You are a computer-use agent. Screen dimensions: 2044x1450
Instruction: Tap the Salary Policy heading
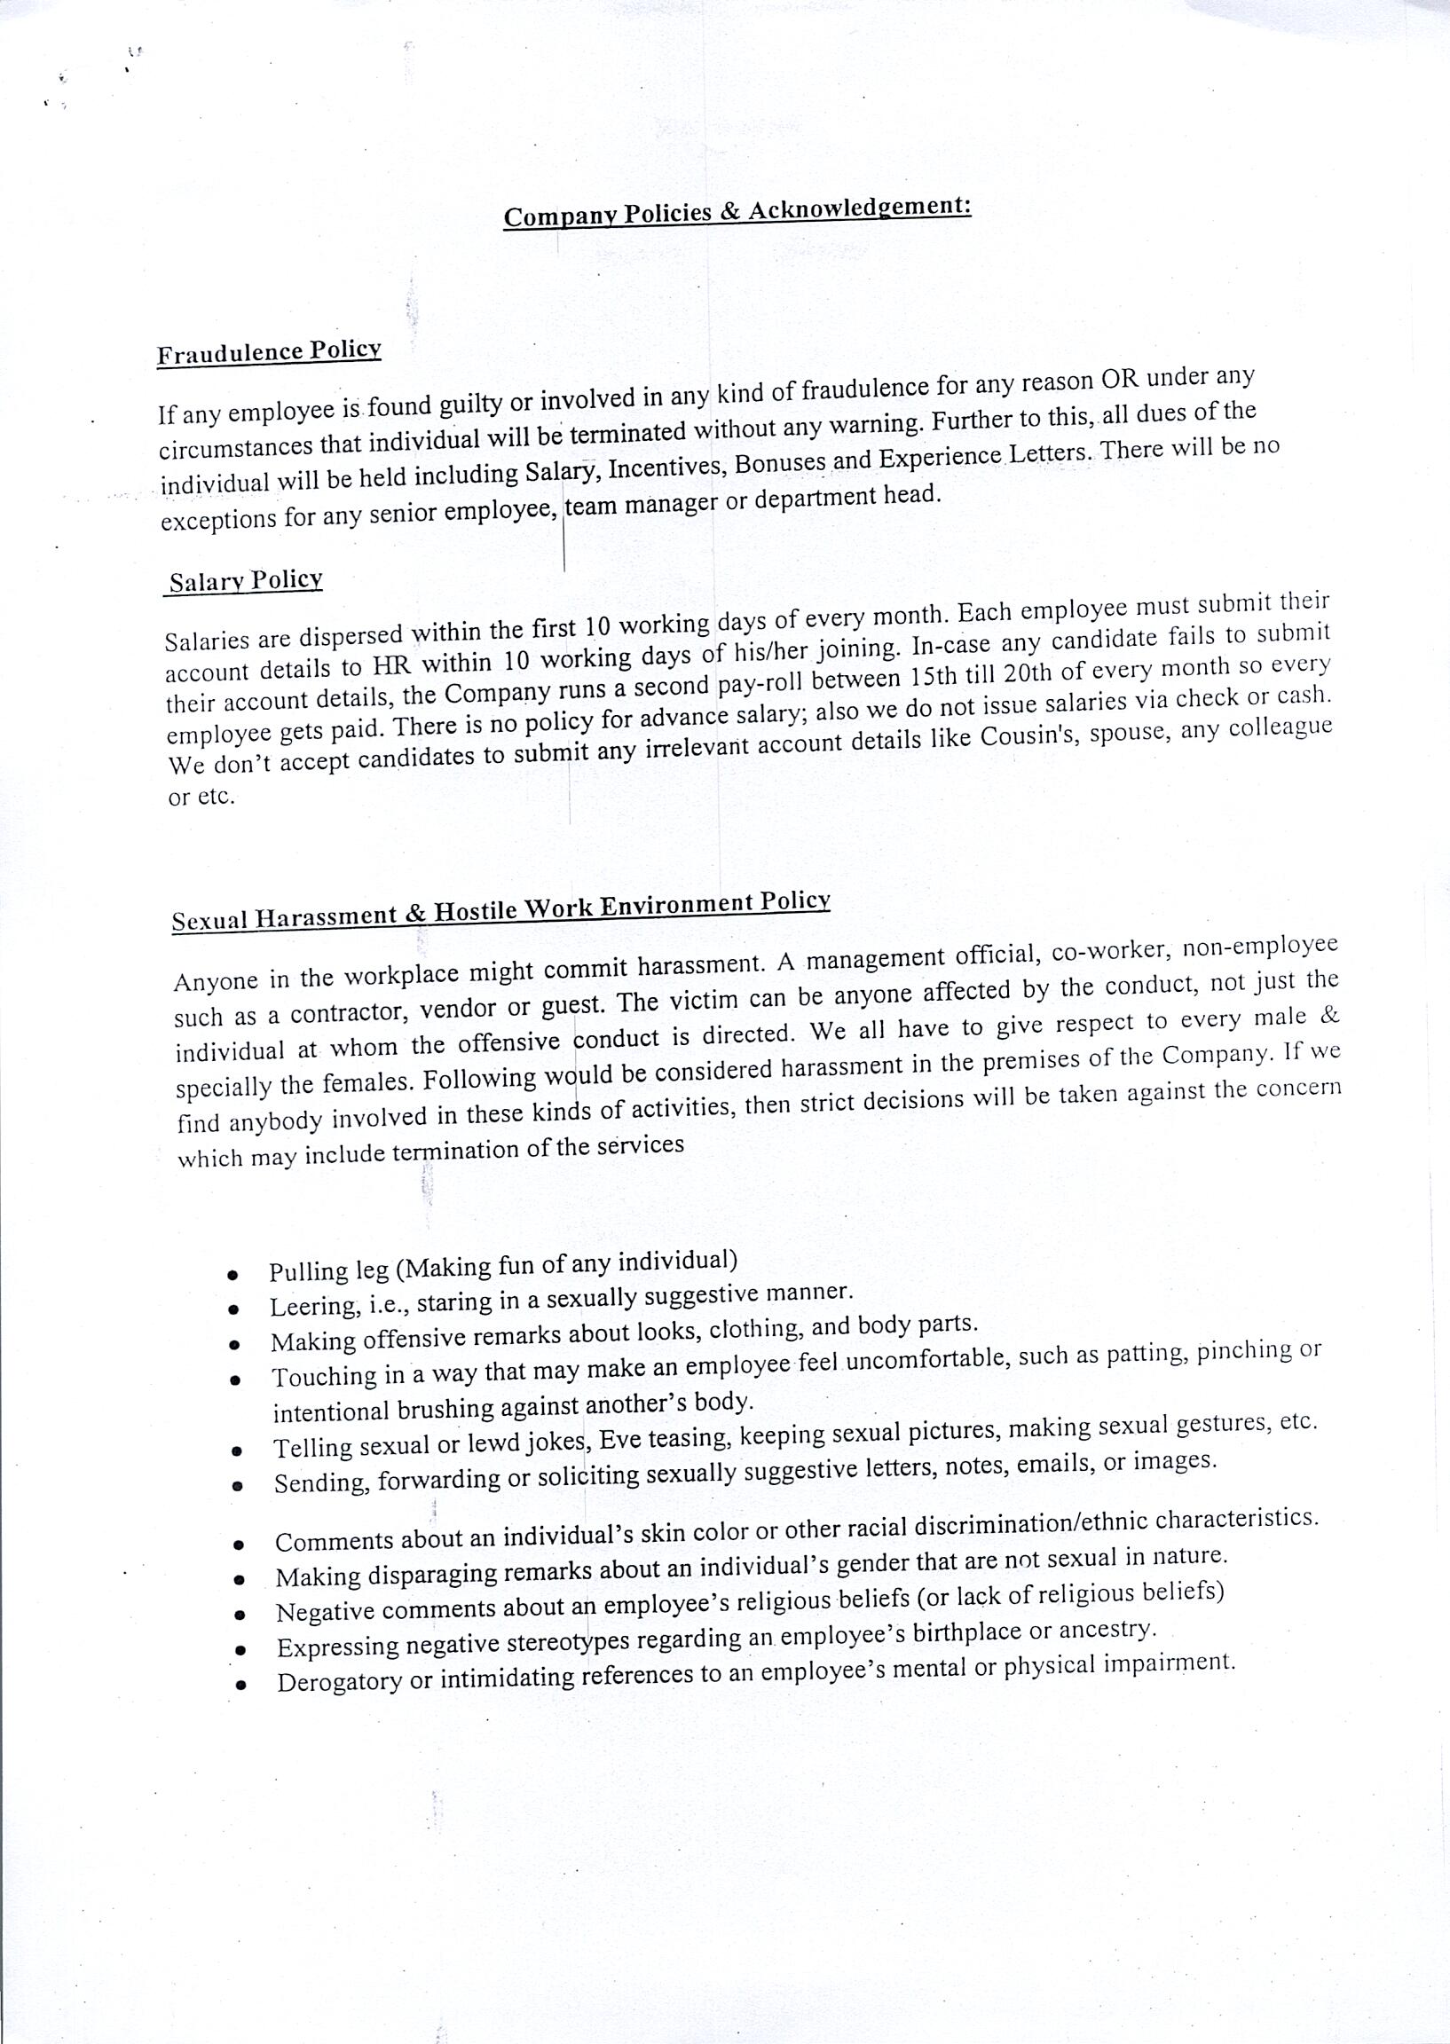click(x=246, y=582)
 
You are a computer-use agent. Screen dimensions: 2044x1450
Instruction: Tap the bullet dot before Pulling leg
click(x=232, y=1275)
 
